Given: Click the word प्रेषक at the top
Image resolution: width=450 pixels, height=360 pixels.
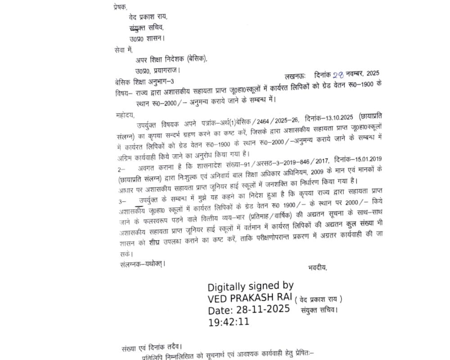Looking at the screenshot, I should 121,7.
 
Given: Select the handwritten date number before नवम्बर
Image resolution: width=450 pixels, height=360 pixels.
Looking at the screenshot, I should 338,75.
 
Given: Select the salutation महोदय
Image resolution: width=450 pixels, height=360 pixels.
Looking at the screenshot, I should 125,115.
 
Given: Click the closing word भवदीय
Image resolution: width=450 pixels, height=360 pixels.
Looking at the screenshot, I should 318,268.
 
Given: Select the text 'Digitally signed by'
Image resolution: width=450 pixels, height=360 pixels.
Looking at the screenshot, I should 251,286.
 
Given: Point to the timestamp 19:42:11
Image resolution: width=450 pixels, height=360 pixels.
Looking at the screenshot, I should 229,322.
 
